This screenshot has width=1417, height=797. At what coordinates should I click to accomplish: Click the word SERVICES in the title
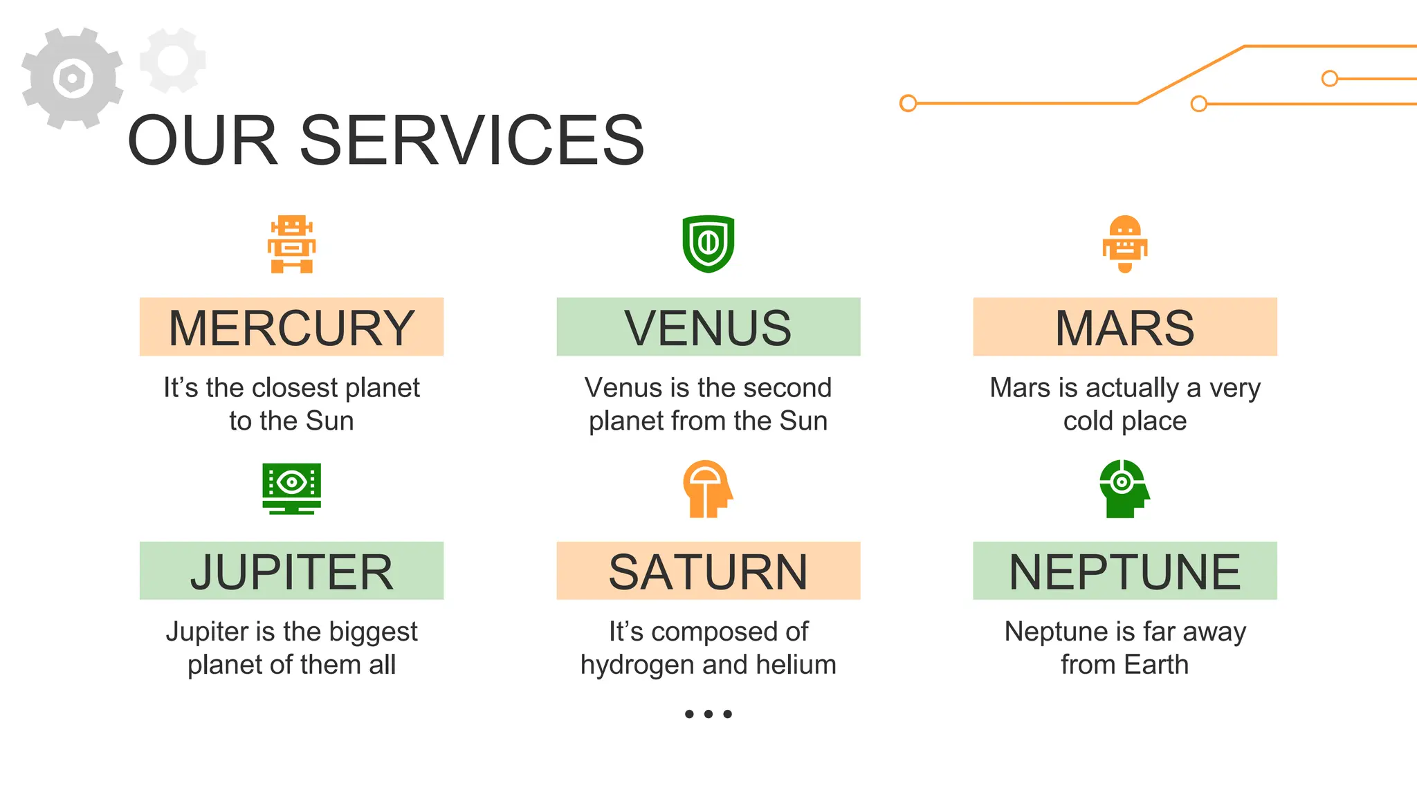coord(472,141)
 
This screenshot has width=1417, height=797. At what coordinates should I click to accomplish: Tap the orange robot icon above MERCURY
coord(291,244)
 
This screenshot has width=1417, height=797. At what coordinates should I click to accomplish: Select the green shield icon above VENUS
coord(708,244)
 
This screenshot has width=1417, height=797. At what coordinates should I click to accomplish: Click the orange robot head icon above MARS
coord(1124,244)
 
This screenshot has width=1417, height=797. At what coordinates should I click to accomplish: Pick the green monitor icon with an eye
coord(291,488)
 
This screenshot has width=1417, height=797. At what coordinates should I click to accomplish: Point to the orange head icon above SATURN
coord(707,489)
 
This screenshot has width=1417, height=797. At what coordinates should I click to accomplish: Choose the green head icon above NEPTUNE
coord(1124,488)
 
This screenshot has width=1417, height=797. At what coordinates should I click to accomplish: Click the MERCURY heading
coord(291,328)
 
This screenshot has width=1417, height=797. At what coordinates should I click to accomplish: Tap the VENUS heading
coord(708,328)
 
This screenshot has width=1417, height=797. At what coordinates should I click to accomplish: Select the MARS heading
coord(1124,328)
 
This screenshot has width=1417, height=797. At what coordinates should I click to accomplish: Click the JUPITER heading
coord(291,571)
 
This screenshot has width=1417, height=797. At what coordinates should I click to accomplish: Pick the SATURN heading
coord(708,571)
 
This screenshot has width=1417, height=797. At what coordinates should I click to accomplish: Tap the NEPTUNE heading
coord(1124,571)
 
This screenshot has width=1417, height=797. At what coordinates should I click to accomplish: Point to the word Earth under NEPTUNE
coord(1156,665)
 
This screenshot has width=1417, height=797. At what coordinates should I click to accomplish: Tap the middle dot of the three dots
coord(708,714)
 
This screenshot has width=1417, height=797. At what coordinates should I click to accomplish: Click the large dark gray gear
coord(72,78)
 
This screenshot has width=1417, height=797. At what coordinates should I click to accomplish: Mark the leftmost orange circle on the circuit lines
coord(908,103)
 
